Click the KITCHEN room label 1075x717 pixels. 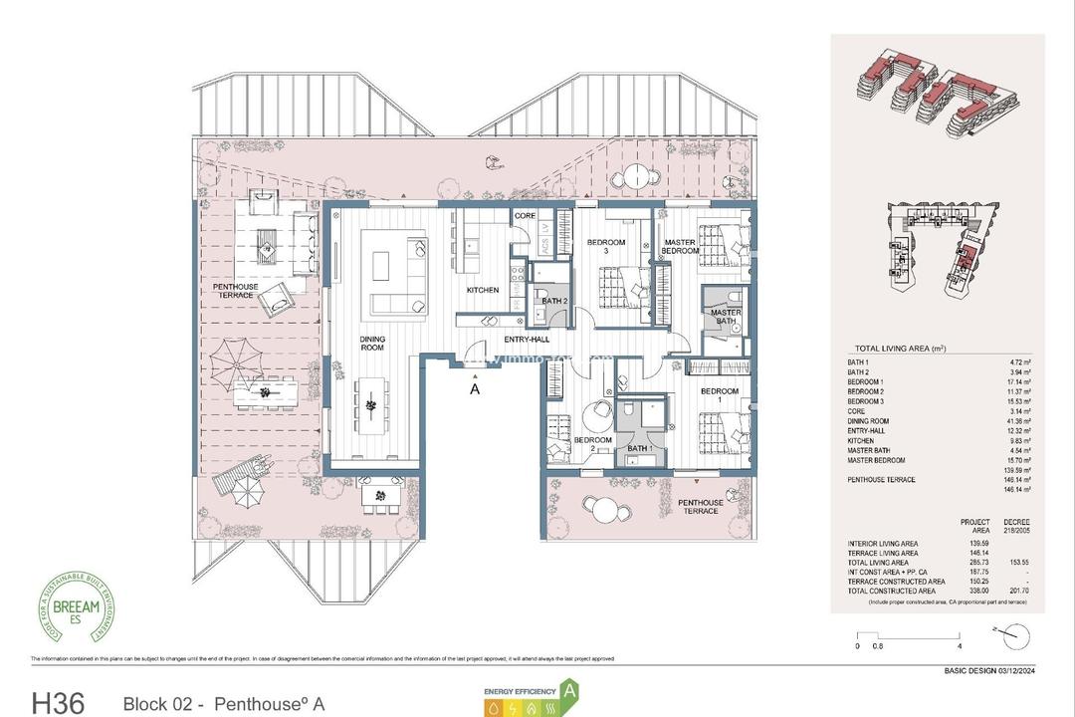tap(483, 290)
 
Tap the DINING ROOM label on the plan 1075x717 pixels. tap(372, 344)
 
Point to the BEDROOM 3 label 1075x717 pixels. tap(606, 248)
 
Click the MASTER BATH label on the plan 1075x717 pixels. tap(726, 317)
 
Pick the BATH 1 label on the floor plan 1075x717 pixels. tap(641, 449)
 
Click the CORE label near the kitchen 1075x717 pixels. tap(526, 216)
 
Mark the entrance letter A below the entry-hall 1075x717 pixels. tap(475, 389)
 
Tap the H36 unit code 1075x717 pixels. tap(64, 703)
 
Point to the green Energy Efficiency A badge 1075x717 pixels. tap(570, 689)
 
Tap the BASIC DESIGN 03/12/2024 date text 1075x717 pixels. tap(990, 670)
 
